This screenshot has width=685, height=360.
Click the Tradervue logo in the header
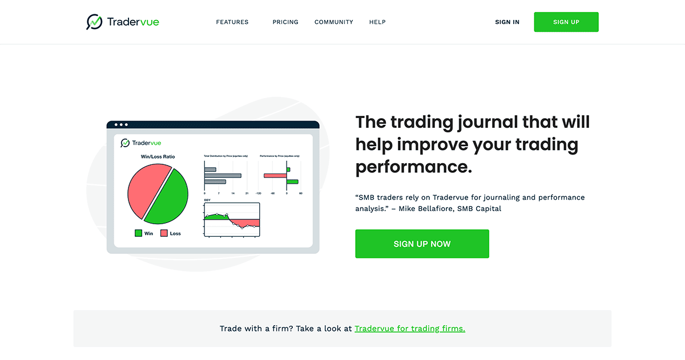[x=123, y=22]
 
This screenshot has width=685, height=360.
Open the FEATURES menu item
[x=232, y=22]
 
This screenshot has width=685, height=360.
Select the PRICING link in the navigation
[x=285, y=22]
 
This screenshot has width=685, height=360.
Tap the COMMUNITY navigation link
[x=334, y=22]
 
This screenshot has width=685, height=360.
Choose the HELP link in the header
[x=377, y=22]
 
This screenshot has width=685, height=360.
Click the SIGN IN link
[x=507, y=22]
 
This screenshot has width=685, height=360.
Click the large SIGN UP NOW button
[x=422, y=244]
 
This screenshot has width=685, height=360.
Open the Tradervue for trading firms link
[x=409, y=329]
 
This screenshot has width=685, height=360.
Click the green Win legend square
[x=138, y=233]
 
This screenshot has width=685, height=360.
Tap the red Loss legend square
[x=164, y=233]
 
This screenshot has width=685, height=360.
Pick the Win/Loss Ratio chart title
[x=158, y=156]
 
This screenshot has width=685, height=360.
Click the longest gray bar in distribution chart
[x=223, y=176]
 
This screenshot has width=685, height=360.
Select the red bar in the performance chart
[x=275, y=176]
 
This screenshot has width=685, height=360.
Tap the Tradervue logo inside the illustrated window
[x=141, y=143]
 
